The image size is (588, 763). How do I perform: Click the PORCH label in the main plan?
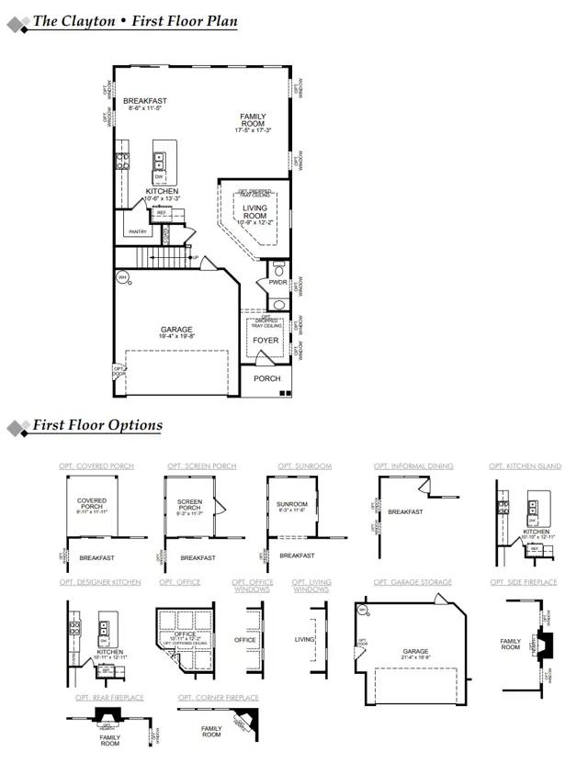(267, 378)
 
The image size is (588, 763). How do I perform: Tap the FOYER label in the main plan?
(266, 341)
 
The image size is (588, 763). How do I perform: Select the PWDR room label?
(277, 283)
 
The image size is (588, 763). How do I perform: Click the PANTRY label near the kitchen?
(138, 231)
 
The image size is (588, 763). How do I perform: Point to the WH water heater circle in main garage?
(122, 276)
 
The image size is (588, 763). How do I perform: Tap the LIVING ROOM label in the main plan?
(254, 212)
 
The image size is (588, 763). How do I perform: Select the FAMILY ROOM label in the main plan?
(253, 120)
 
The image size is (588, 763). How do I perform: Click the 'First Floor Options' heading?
(97, 425)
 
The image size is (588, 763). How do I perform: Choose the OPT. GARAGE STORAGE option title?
(413, 582)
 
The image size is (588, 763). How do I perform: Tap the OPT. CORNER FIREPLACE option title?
(219, 698)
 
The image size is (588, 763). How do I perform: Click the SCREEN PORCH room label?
(189, 505)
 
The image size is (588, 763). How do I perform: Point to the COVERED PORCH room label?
(92, 505)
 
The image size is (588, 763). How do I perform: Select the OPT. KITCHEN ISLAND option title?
(525, 466)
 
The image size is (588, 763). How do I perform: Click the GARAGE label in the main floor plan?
(176, 330)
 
